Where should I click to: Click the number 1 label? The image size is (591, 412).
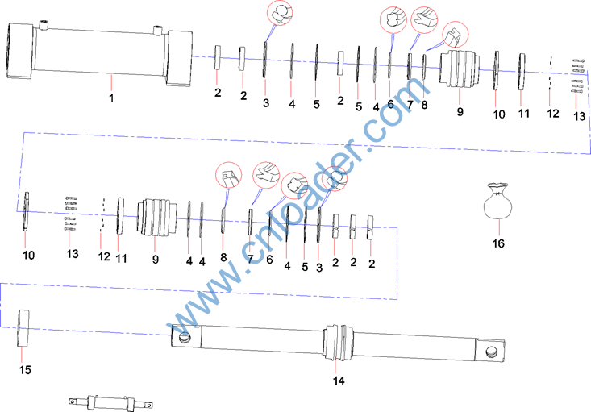(x=111, y=98)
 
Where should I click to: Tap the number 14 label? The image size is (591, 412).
(x=339, y=381)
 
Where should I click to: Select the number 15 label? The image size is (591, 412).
(x=25, y=370)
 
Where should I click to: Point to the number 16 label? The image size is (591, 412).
(x=498, y=243)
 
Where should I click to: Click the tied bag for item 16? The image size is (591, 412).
(x=498, y=201)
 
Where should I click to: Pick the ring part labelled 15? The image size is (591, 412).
(x=23, y=328)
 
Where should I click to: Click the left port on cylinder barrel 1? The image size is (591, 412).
(x=44, y=25)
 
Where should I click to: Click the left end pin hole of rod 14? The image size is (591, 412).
(x=185, y=337)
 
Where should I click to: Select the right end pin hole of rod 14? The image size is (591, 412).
(x=492, y=352)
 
